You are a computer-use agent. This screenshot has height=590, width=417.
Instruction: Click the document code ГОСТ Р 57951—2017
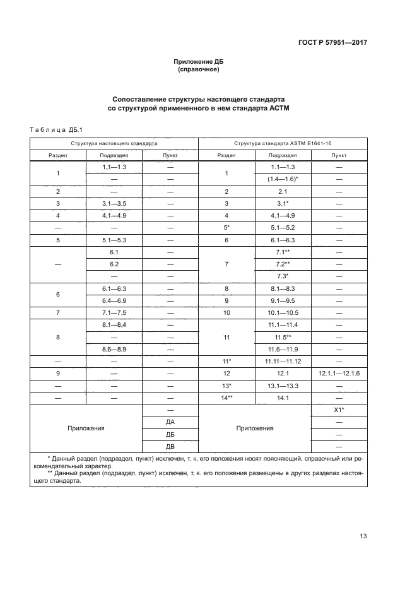332,43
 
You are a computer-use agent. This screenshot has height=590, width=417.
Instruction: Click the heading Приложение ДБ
199,62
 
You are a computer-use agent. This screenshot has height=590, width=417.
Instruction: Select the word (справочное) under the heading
199,69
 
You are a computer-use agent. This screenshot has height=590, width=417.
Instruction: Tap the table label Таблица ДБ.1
52,129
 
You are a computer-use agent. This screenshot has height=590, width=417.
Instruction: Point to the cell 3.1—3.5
114,203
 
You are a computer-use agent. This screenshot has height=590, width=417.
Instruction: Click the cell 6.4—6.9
114,300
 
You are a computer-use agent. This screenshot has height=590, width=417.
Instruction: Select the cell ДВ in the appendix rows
170,445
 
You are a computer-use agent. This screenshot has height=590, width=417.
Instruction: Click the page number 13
363,536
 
